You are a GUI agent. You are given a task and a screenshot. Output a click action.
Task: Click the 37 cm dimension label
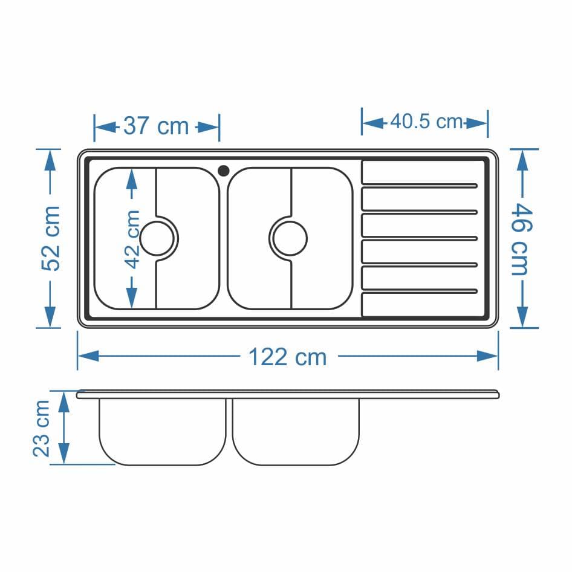(156, 126)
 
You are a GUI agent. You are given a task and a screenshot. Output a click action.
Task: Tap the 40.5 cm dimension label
(426, 122)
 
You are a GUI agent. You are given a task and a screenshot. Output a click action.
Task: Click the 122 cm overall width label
(287, 357)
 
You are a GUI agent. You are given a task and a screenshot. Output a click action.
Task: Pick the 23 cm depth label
(41, 428)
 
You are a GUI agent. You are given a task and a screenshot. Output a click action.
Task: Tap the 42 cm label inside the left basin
(132, 239)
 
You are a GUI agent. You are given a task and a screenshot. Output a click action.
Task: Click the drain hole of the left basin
(157, 239)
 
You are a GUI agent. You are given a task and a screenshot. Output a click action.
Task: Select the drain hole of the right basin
(290, 239)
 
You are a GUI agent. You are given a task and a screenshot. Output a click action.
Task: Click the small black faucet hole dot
(223, 171)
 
